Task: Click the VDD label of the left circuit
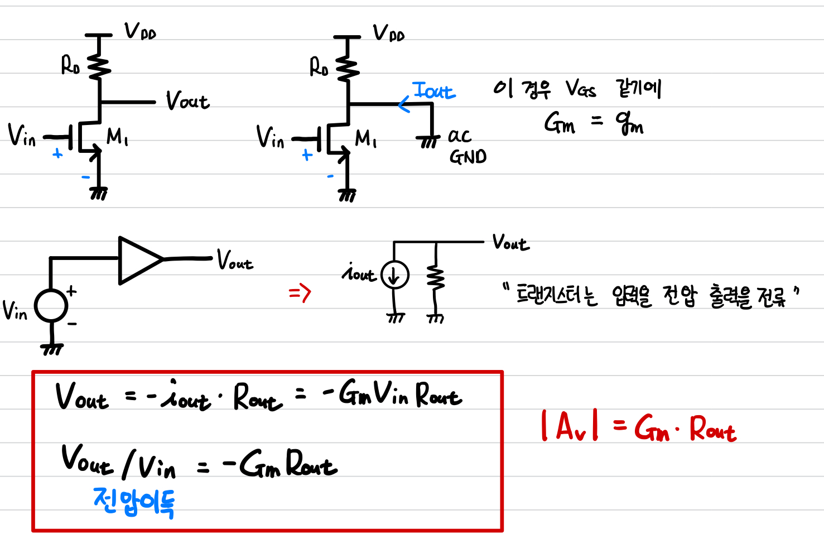(x=139, y=31)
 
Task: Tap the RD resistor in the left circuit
(x=99, y=66)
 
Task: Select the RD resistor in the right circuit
(x=348, y=67)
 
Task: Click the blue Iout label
(x=433, y=90)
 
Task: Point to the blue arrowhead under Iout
(x=403, y=104)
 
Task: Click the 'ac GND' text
(x=466, y=146)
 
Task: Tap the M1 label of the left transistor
(x=117, y=136)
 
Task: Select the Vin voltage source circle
(x=51, y=306)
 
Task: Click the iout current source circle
(x=394, y=275)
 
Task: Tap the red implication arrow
(x=300, y=292)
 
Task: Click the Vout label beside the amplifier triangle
(x=235, y=260)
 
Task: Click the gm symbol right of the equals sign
(x=629, y=123)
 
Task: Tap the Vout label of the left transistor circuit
(x=187, y=101)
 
